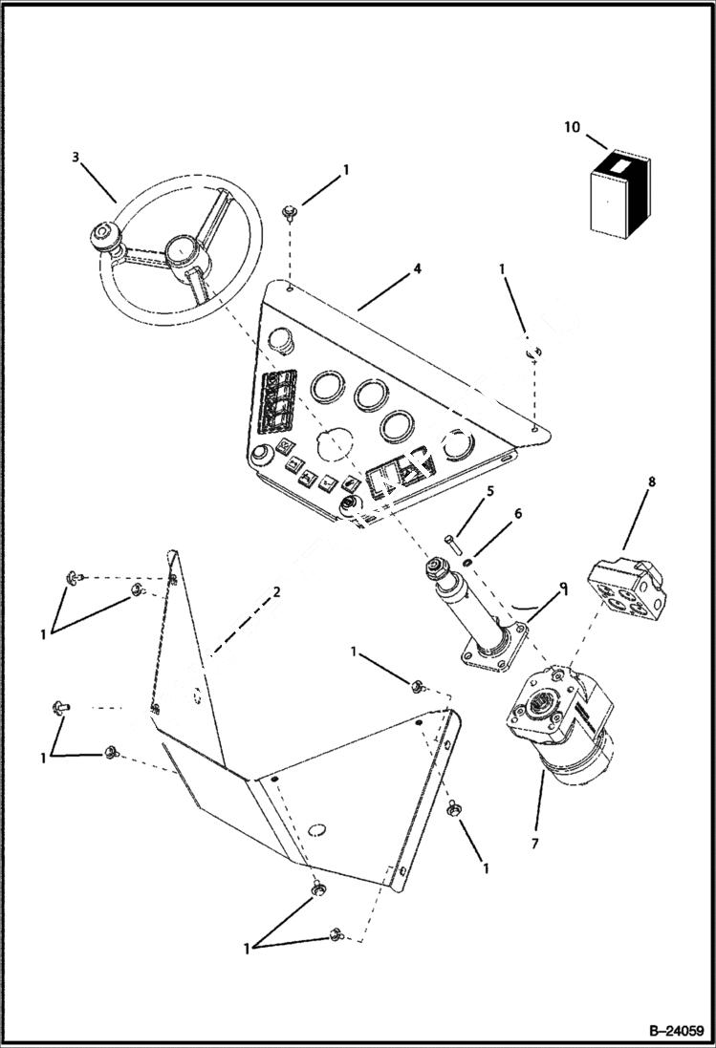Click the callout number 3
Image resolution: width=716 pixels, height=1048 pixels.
tap(76, 157)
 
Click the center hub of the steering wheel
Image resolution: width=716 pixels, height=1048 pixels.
tap(181, 254)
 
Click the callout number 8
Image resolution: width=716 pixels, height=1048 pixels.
tap(651, 482)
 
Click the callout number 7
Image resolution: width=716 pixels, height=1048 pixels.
tap(535, 845)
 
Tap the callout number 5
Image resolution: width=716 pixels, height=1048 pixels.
tap(489, 492)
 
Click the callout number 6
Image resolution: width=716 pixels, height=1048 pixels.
tap(517, 513)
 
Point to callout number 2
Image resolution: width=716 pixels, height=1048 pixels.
tap(276, 591)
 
